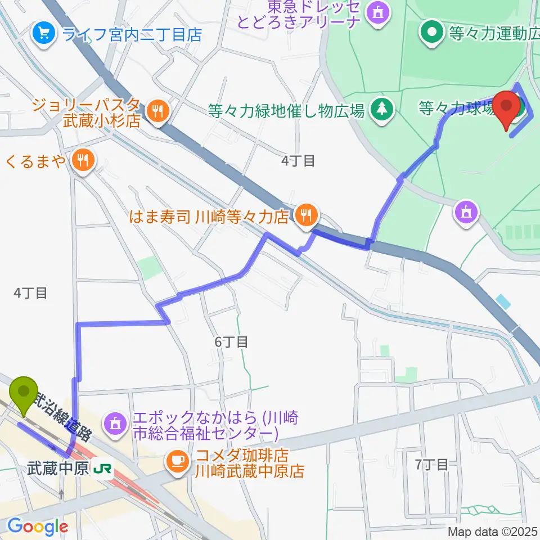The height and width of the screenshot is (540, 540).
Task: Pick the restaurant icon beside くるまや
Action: pyautogui.click(x=83, y=161)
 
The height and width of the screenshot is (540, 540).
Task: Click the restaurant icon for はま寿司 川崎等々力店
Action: pyautogui.click(x=306, y=214)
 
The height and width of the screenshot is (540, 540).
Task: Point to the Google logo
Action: pyautogui.click(x=38, y=526)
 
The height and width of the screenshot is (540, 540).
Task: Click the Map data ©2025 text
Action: pyautogui.click(x=493, y=531)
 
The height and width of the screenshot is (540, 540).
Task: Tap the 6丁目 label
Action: pyautogui.click(x=231, y=341)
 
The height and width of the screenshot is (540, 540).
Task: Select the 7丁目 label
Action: pyautogui.click(x=431, y=465)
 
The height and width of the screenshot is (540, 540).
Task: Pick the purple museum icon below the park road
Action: pyautogui.click(x=466, y=213)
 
